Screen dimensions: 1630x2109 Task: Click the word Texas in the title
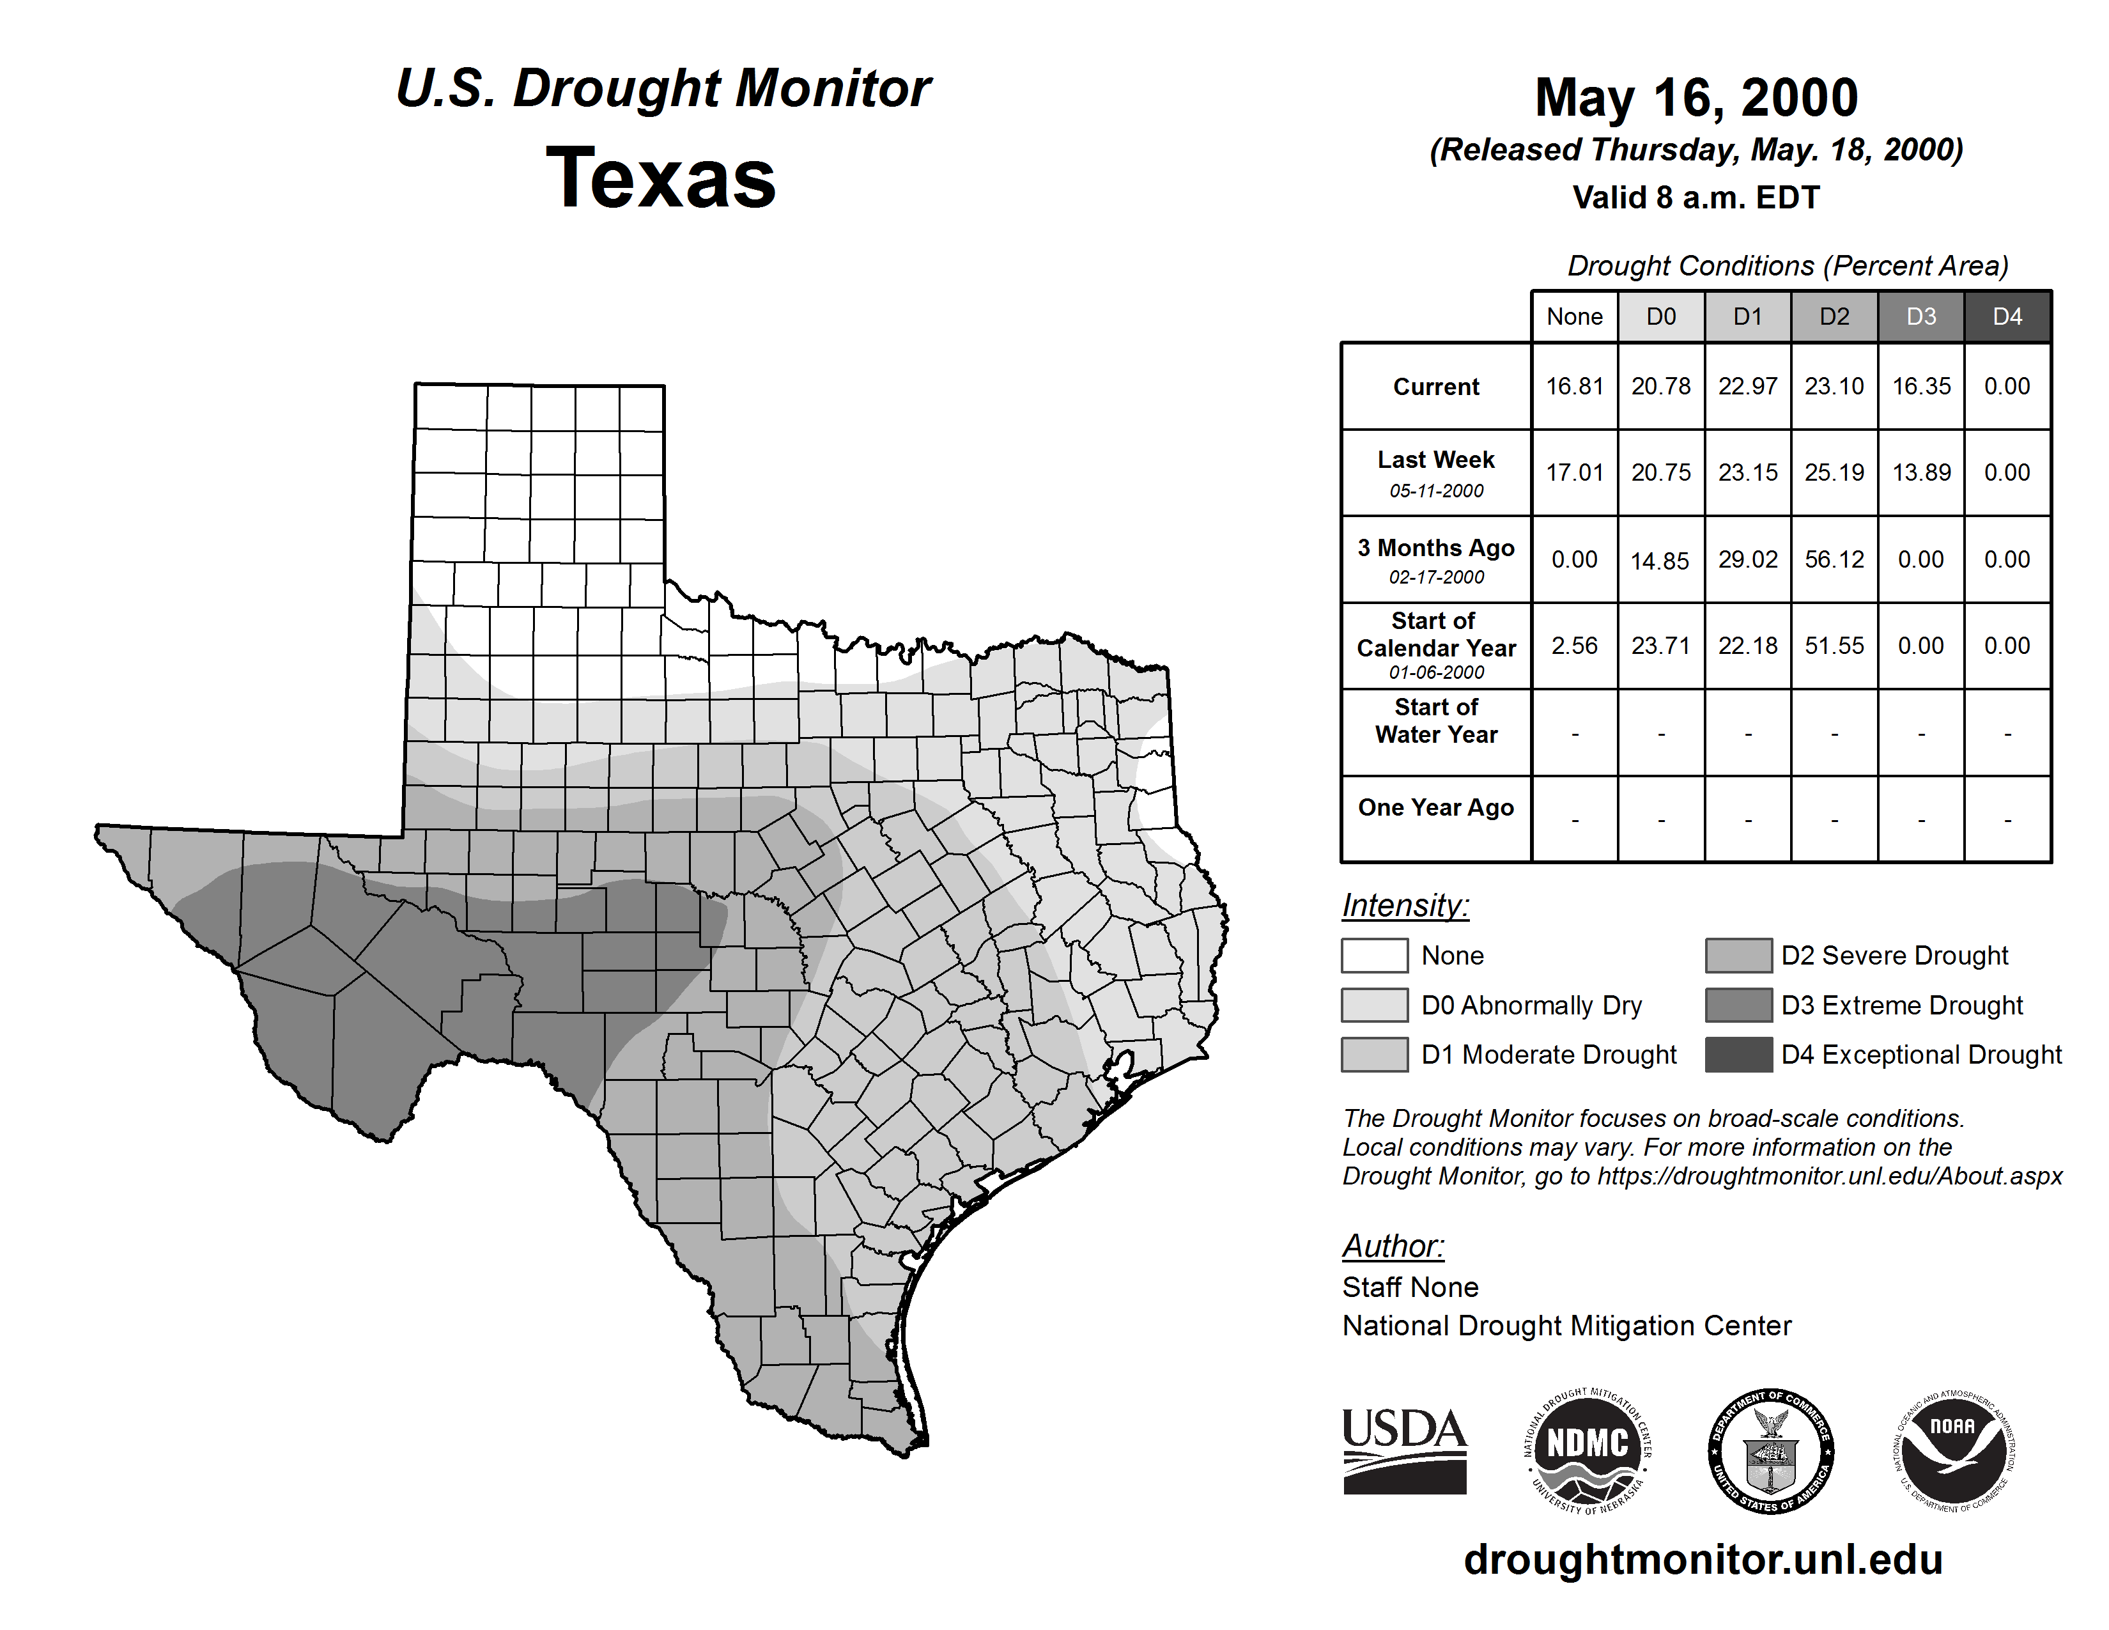661,178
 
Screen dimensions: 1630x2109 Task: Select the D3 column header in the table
1920,316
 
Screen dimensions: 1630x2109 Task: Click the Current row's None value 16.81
1574,386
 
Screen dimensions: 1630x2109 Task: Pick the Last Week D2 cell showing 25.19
1834,472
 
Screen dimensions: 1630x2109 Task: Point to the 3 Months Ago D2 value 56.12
1834,559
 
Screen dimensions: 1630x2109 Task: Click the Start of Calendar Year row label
1436,645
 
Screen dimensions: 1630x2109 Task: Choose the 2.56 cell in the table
1574,645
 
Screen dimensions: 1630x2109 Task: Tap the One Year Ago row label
1436,807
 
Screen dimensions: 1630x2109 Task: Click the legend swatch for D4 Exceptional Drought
1738,1055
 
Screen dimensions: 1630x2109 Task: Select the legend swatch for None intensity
1374,955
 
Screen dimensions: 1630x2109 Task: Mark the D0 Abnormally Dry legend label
1531,1005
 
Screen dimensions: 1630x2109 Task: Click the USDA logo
1404,1450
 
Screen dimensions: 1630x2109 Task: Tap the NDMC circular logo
1588,1450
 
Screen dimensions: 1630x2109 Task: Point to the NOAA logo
1952,1450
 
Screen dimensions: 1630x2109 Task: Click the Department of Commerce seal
1771,1450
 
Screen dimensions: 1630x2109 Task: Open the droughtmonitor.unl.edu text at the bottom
1703,1560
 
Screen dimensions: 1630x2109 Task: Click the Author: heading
1393,1246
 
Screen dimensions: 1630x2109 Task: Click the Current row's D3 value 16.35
1920,386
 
